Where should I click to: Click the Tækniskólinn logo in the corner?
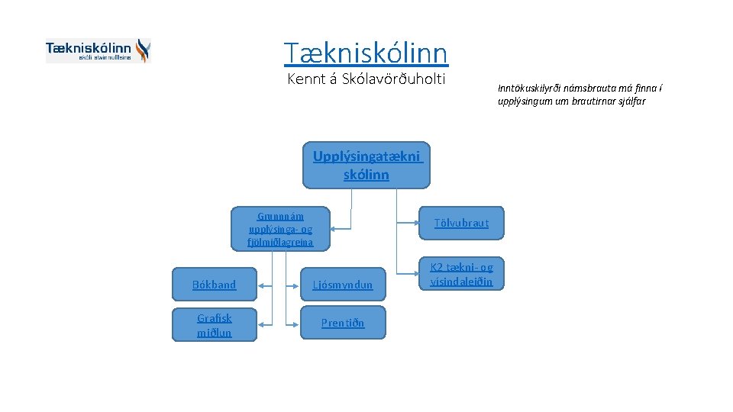[x=98, y=50]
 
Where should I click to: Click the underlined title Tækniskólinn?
[x=366, y=53]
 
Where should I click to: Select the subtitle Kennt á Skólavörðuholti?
[x=366, y=79]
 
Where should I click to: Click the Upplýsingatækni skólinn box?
[x=366, y=165]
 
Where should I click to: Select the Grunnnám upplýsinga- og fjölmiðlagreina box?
[x=280, y=229]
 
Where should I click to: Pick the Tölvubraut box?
[x=461, y=223]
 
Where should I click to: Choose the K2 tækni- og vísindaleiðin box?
[x=461, y=275]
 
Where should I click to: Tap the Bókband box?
[x=214, y=285]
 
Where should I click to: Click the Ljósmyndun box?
[x=342, y=285]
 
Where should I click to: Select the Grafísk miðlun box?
[x=214, y=325]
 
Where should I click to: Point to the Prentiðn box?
[x=342, y=323]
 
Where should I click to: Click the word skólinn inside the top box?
[x=366, y=175]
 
